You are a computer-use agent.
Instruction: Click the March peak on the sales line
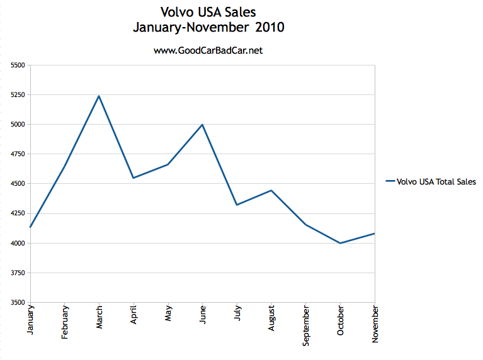99,96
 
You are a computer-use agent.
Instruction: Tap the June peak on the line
202,125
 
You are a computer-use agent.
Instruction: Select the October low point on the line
340,243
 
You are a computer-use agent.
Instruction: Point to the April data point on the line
134,177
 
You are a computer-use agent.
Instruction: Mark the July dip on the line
237,205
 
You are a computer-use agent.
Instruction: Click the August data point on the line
271,190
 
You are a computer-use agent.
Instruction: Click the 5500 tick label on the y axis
18,65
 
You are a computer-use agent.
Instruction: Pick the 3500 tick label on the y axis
18,303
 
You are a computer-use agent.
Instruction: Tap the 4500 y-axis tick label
18,184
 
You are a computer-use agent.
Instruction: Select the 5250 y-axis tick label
18,95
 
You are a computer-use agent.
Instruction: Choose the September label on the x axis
306,325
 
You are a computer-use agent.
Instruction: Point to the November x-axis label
375,324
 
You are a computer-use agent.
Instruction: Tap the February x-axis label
65,323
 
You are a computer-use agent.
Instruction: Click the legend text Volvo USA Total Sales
436,182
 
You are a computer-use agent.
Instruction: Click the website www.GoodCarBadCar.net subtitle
208,50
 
